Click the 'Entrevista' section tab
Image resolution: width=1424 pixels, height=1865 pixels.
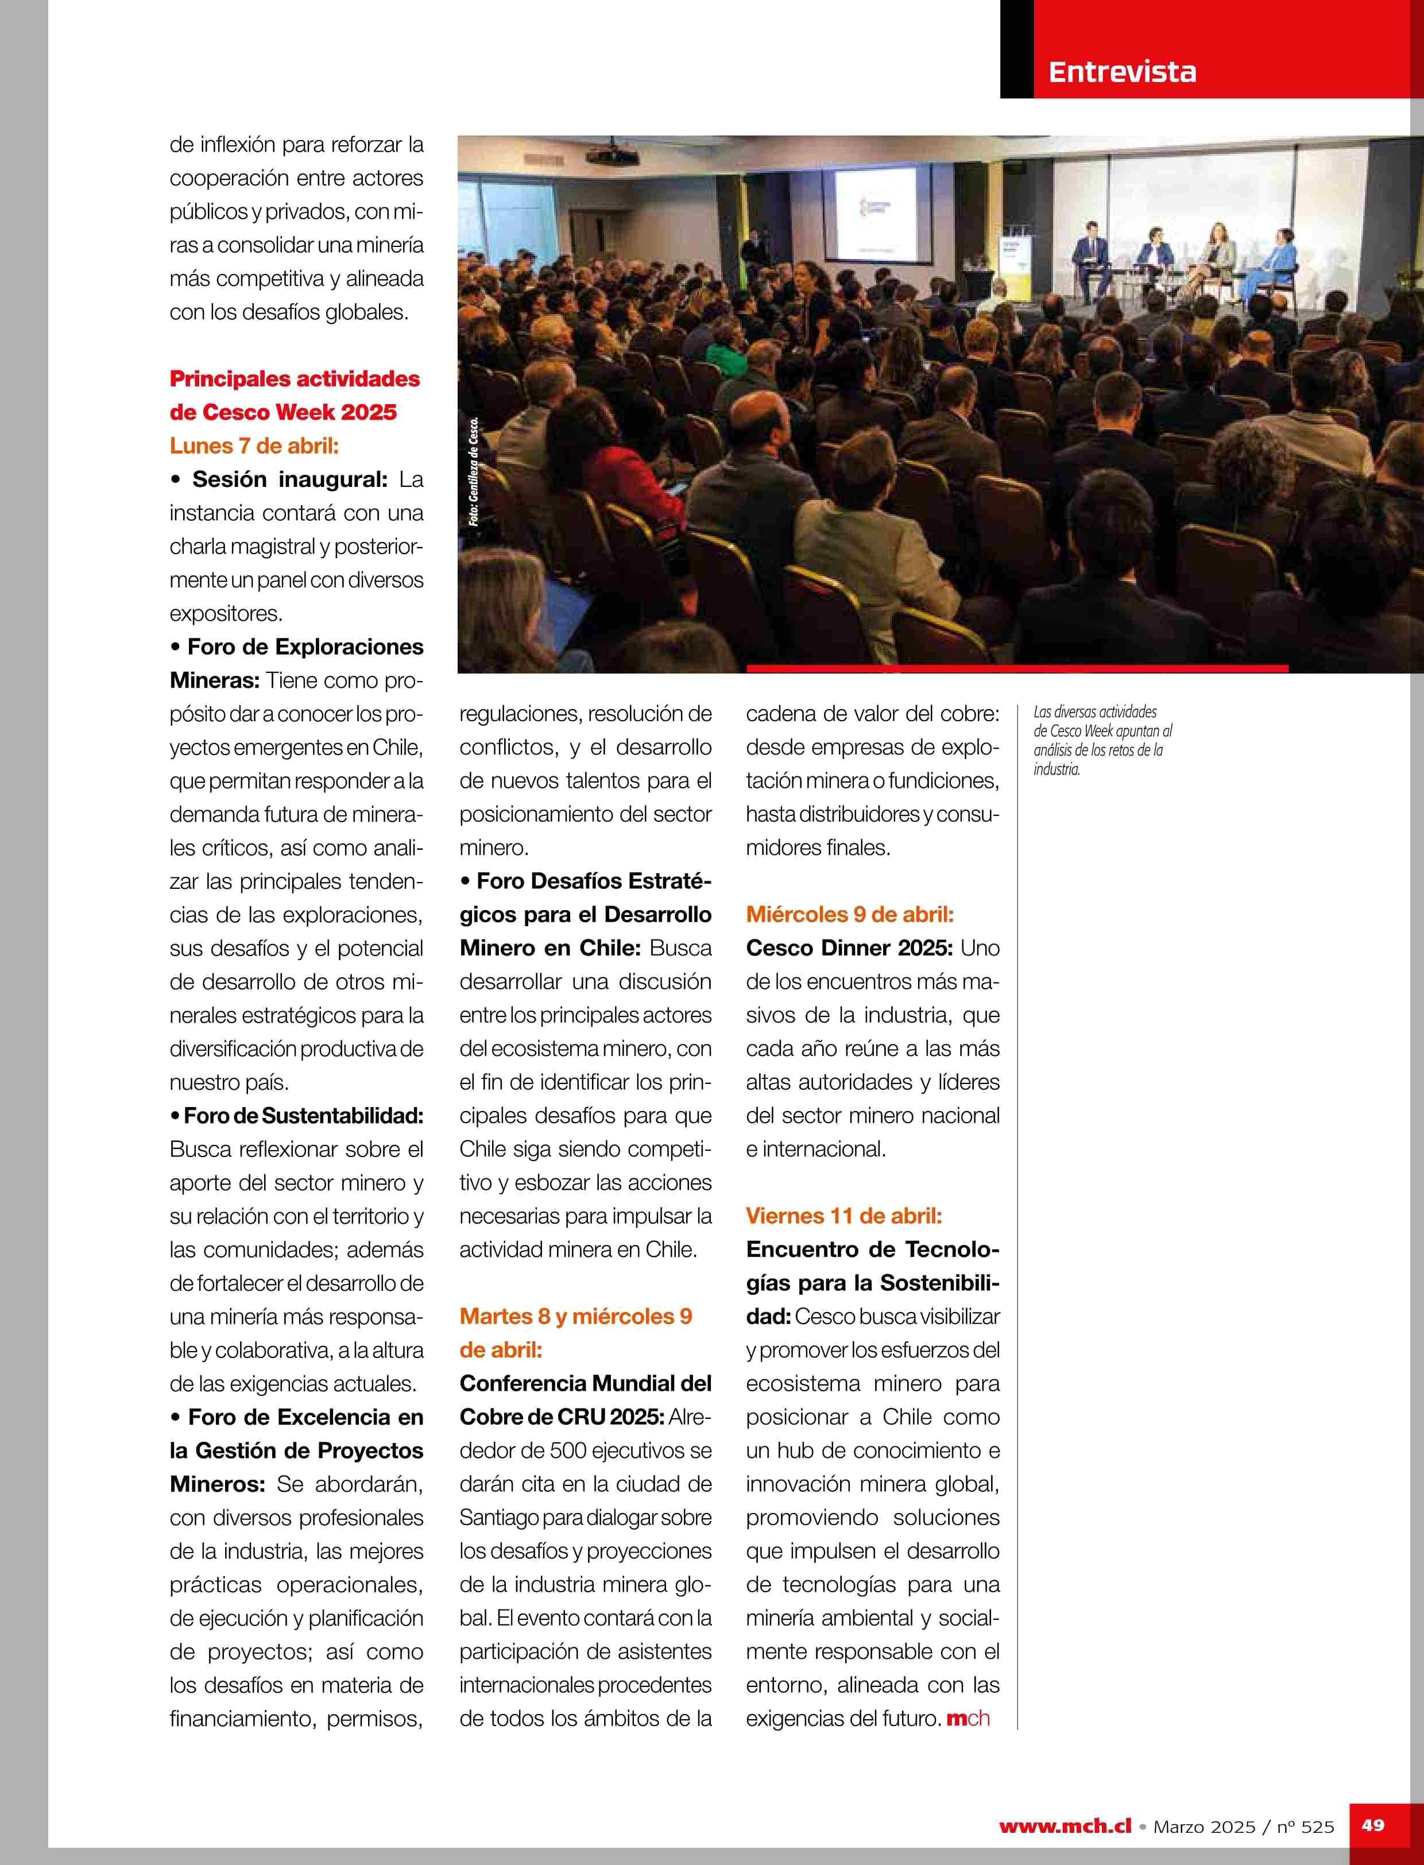1121,72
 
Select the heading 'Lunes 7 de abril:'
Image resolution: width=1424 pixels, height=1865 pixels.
253,446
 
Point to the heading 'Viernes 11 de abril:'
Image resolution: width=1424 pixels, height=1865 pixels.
843,1216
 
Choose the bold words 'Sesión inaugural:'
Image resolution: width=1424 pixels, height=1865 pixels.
289,480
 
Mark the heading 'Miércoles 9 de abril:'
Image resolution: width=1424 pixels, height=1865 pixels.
849,915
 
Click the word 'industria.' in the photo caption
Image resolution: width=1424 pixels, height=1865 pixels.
1056,770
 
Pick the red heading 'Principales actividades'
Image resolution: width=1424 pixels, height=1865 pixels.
294,379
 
